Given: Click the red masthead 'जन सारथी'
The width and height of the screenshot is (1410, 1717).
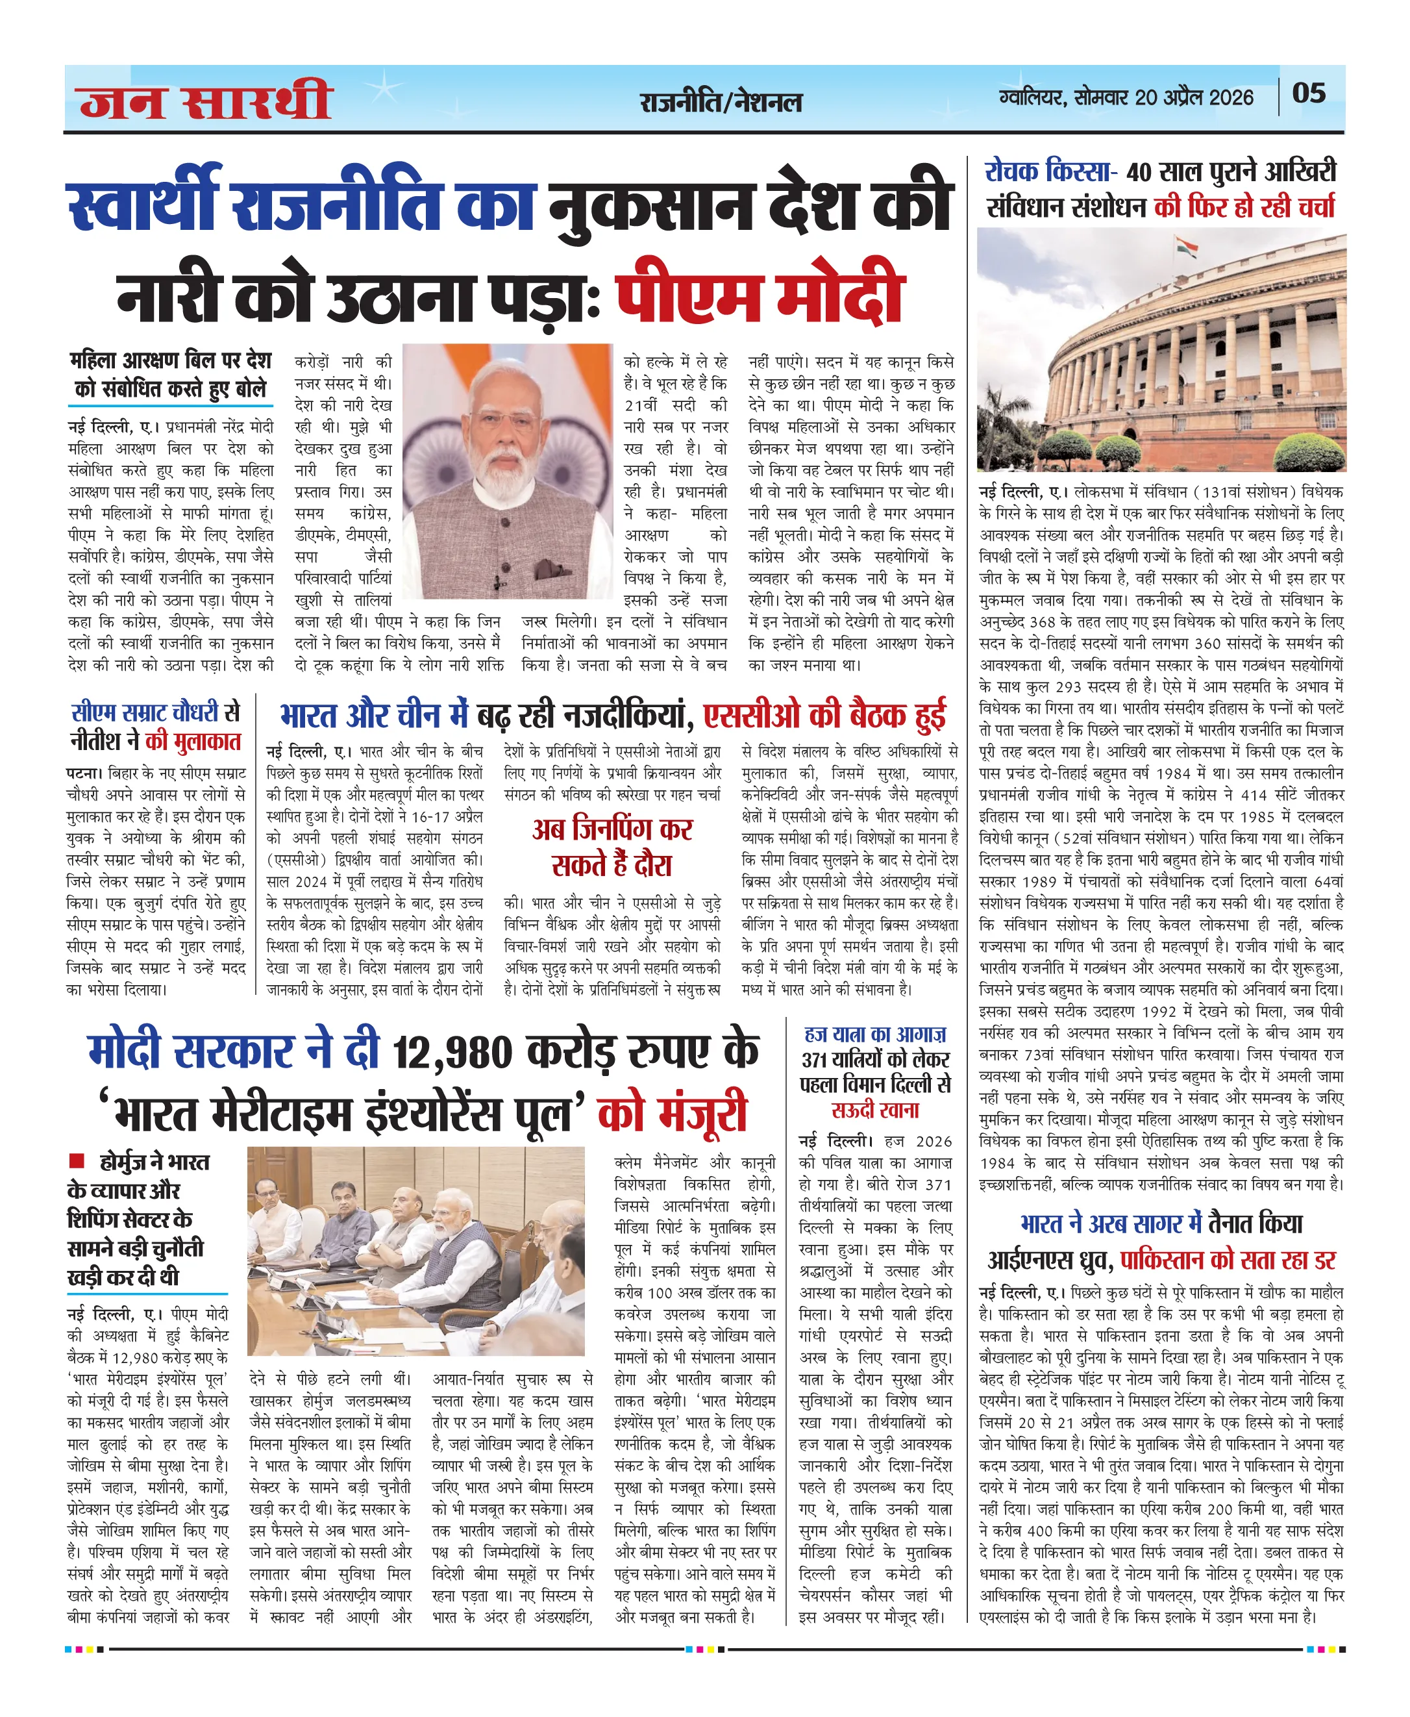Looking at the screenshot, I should pyautogui.click(x=206, y=101).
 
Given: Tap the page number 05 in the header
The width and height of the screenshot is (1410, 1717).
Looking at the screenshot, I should pyautogui.click(x=1309, y=94).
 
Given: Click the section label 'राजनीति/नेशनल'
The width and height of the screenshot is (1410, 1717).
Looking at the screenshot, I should pyautogui.click(x=721, y=103).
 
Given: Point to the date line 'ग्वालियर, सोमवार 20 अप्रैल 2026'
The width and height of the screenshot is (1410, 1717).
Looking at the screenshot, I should pyautogui.click(x=1126, y=97).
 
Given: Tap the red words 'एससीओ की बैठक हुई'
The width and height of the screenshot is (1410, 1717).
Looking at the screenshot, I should pyautogui.click(x=824, y=716).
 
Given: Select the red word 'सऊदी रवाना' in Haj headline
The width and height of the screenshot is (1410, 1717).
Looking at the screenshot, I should pyautogui.click(x=874, y=1110).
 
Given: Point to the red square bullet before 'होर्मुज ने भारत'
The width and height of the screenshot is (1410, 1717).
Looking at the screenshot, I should pyautogui.click(x=77, y=1160).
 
